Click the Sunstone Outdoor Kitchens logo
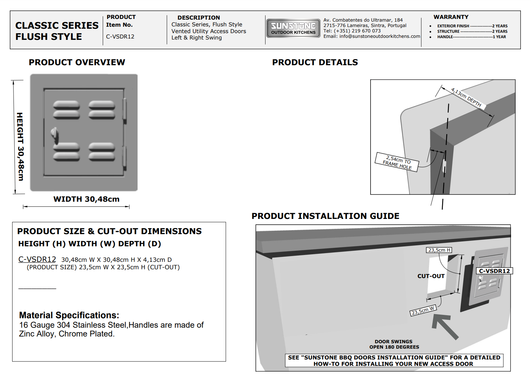(293, 28)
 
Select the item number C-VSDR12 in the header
(120, 36)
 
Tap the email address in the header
(372, 36)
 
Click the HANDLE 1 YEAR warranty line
(471, 37)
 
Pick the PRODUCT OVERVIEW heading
(77, 62)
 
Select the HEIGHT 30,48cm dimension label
(20, 146)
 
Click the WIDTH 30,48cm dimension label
(86, 199)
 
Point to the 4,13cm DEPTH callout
(466, 97)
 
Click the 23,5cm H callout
(439, 250)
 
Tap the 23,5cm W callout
(423, 310)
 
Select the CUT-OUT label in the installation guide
(431, 276)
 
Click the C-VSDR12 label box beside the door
(494, 271)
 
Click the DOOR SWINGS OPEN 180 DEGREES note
(394, 344)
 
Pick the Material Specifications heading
(69, 315)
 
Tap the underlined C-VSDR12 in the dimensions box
(37, 259)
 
